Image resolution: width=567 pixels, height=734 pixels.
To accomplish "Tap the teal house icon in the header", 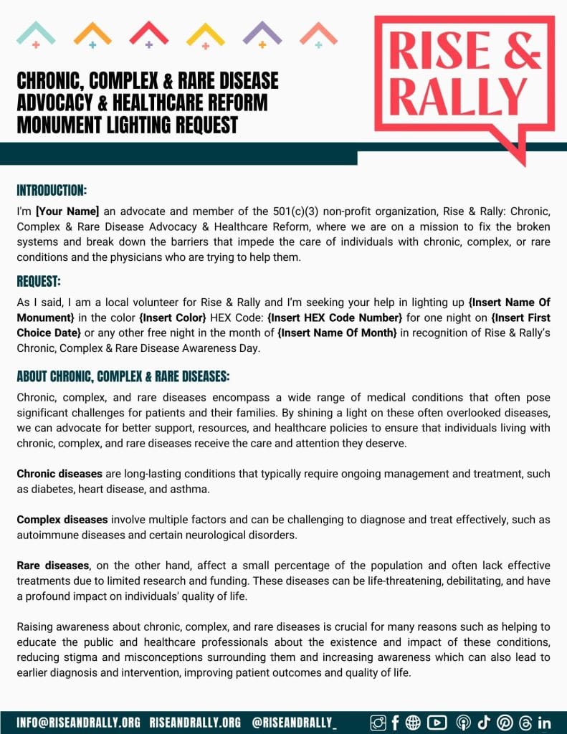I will point(36,34).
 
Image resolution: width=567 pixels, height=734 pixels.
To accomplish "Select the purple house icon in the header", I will point(262,34).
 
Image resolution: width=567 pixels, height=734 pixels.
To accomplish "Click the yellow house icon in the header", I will point(205,34).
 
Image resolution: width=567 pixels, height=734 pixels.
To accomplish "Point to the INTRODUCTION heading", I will point(52,191).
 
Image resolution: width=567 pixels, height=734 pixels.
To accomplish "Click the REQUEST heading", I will point(39,281).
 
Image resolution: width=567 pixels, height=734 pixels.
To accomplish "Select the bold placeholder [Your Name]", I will point(67,211).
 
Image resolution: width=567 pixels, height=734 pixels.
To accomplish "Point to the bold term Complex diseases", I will point(62,520).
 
